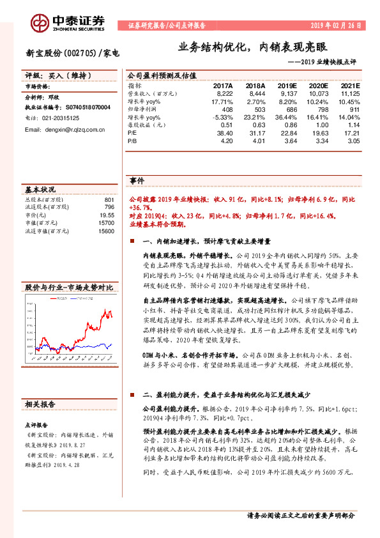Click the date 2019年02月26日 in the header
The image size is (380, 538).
point(335,26)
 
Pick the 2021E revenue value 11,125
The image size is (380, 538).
point(350,93)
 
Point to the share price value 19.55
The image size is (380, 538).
point(106,215)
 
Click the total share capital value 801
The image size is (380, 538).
point(109,200)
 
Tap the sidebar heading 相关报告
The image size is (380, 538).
point(40,404)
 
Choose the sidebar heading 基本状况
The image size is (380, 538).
point(40,190)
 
